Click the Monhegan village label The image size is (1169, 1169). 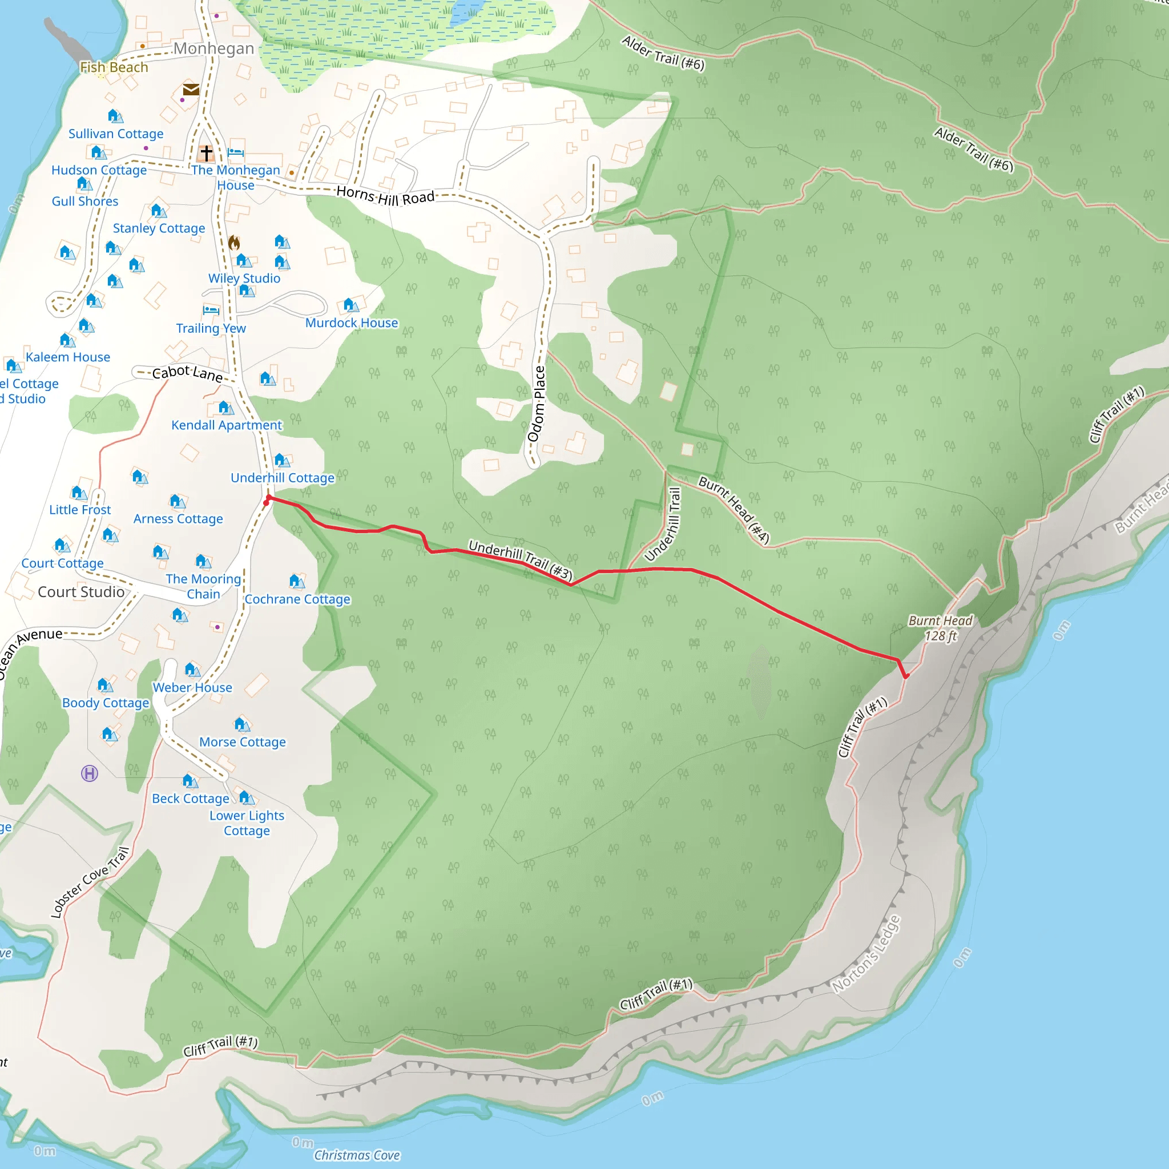pos(213,49)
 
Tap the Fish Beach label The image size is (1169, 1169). pos(114,67)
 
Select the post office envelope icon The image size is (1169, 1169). pos(191,90)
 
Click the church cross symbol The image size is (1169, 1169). pos(206,152)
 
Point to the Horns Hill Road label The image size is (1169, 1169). pos(385,195)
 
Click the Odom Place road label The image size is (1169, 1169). pos(537,404)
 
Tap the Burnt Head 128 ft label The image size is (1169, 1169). pos(940,628)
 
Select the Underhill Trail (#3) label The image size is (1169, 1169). pos(521,560)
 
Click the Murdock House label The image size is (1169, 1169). pos(352,323)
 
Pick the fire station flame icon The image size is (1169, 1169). pos(234,243)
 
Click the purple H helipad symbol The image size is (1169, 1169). pos(90,773)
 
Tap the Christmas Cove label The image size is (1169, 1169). pos(357,1155)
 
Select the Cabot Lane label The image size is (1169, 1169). pos(188,373)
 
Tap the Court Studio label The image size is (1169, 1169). pos(81,592)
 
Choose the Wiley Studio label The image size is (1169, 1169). pos(244,279)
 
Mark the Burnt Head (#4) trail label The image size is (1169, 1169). pos(733,510)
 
